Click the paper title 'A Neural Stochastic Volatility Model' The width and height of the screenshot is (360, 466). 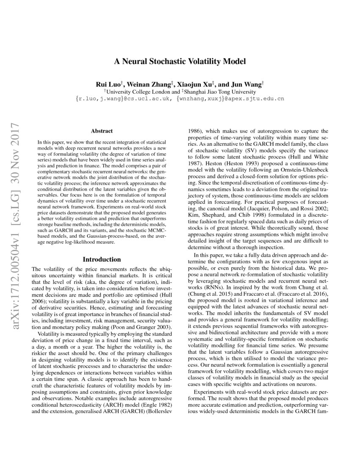pyautogui.click(x=180, y=61)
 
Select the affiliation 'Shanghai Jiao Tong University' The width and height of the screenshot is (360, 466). pyautogui.click(x=220, y=91)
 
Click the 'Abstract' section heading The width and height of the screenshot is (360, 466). pyautogui.click(x=102, y=131)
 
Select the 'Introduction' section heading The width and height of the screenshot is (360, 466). pyautogui.click(x=102, y=259)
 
